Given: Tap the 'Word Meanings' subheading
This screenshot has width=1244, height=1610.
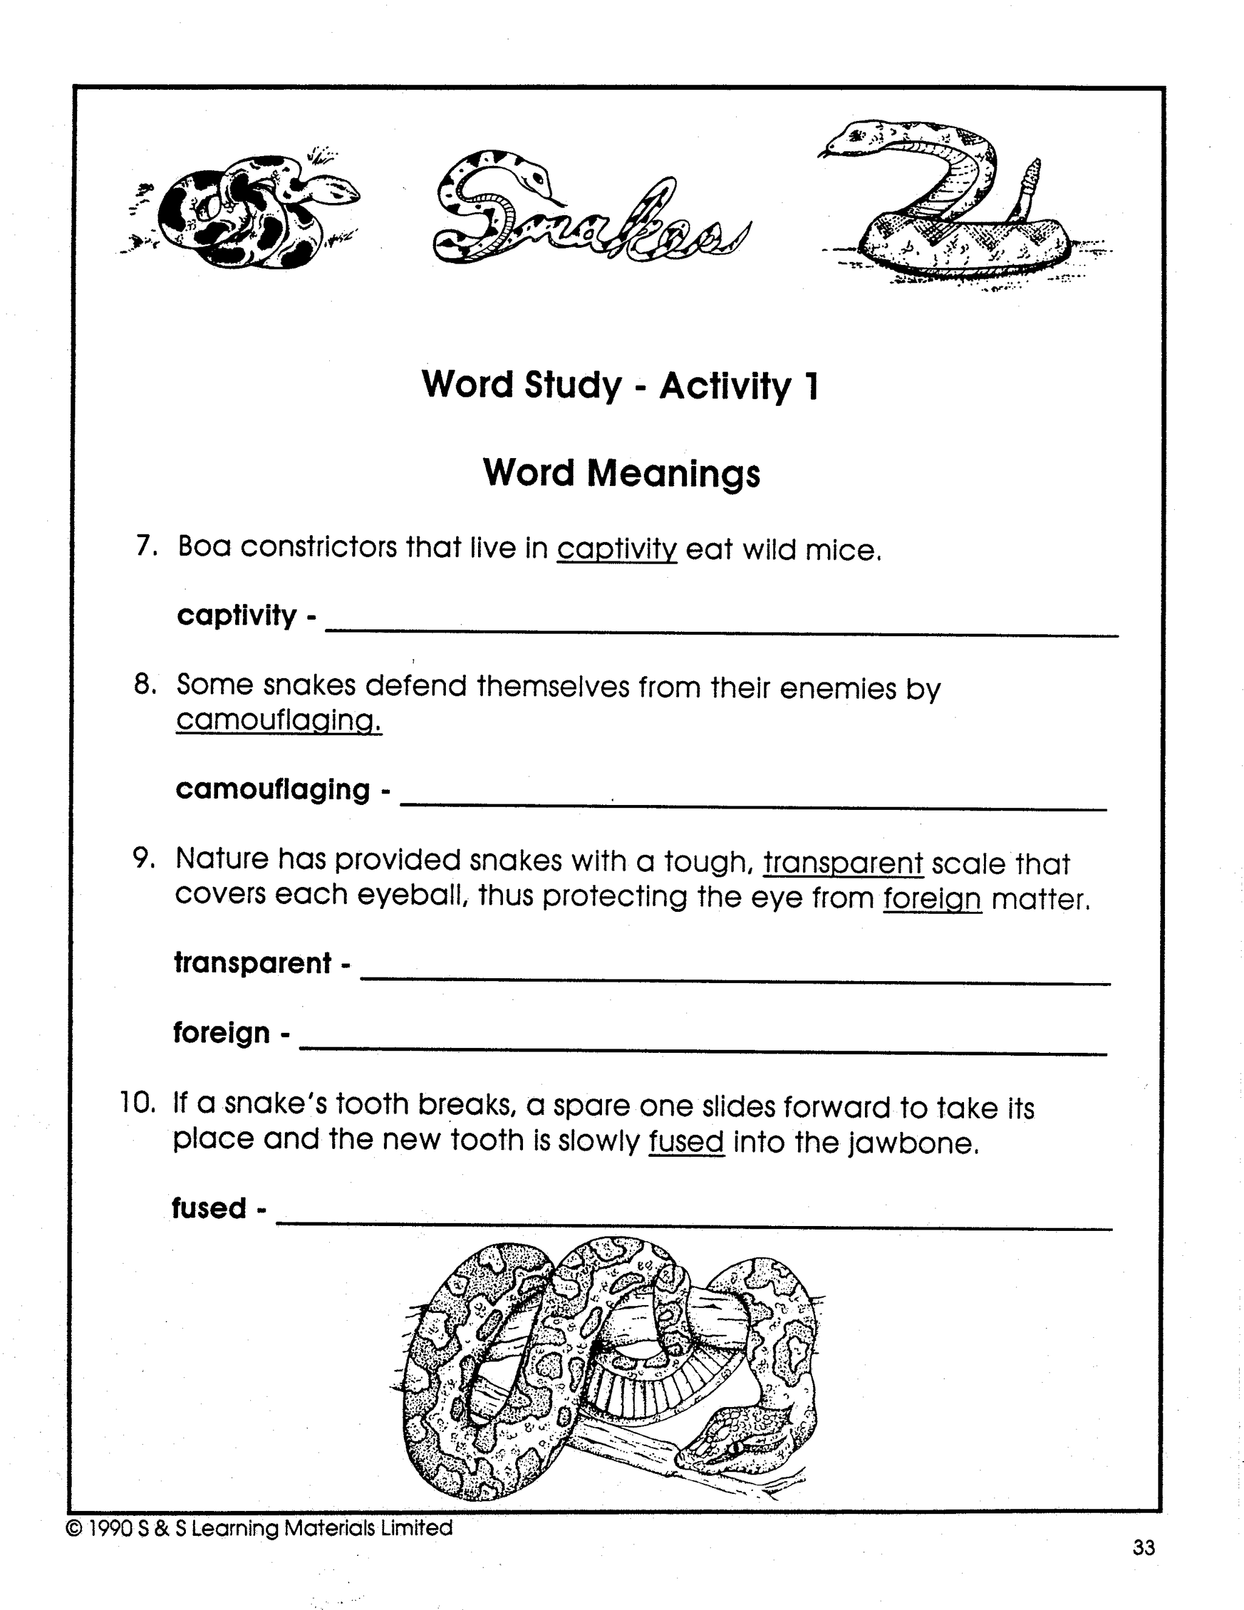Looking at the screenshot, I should point(621,473).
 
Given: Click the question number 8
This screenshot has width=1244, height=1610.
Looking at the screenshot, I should point(145,685).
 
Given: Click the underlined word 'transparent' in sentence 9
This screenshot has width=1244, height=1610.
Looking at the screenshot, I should point(843,862).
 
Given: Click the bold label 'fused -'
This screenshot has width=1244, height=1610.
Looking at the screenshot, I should point(218,1208).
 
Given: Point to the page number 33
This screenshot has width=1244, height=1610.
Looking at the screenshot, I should point(1144,1548).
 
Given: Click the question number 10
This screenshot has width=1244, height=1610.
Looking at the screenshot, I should point(138,1103).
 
